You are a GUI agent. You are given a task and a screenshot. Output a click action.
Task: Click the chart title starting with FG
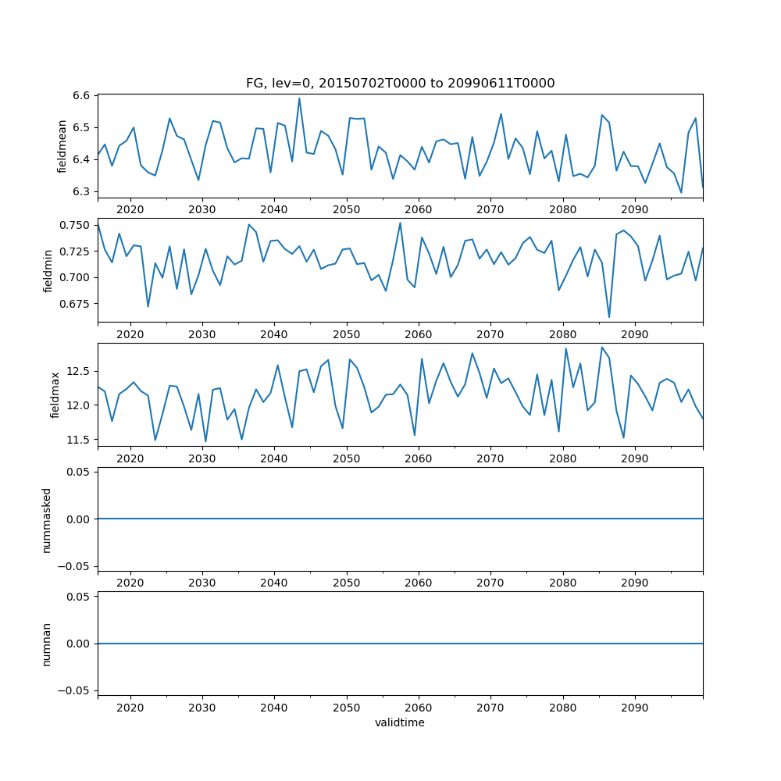pyautogui.click(x=400, y=84)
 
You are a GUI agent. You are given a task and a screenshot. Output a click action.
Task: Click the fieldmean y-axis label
pyautogui.click(x=62, y=146)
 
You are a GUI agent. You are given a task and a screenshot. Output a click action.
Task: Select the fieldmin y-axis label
pyautogui.click(x=48, y=270)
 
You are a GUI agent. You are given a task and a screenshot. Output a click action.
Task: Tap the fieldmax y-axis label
pyautogui.click(x=55, y=394)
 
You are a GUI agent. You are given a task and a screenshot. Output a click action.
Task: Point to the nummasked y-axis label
pyautogui.click(x=47, y=519)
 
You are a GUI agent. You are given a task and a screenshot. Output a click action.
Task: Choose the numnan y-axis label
pyautogui.click(x=47, y=644)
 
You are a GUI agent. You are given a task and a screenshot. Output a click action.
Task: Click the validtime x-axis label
pyautogui.click(x=400, y=723)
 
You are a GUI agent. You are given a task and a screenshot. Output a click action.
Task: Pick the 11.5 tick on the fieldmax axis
pyautogui.click(x=80, y=440)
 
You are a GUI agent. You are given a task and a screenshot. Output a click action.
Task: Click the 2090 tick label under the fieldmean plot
pyautogui.click(x=634, y=209)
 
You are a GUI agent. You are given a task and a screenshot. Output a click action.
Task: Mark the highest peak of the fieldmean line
pyautogui.click(x=299, y=98)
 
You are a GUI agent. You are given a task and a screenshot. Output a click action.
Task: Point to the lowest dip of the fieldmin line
pyautogui.click(x=609, y=317)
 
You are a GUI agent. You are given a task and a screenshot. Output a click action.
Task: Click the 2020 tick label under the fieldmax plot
pyautogui.click(x=130, y=458)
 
